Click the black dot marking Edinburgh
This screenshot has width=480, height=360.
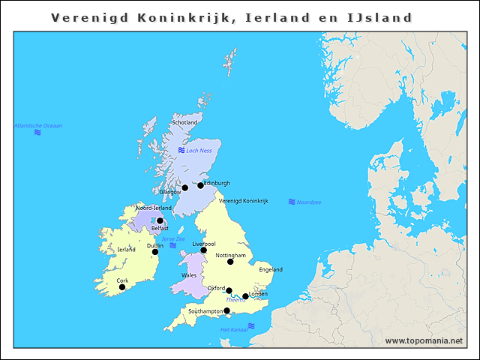[200, 185]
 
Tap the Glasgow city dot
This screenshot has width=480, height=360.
[184, 187]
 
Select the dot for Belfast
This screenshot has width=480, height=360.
[160, 220]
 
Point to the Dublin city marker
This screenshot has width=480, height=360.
[155, 252]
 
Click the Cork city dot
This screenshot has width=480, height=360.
[122, 287]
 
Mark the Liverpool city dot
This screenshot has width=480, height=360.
[203, 250]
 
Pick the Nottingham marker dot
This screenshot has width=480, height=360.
[230, 262]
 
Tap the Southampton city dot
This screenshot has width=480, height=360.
[226, 310]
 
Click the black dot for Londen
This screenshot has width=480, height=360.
[245, 296]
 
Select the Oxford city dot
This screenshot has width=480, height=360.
[229, 291]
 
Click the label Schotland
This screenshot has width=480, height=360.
[184, 122]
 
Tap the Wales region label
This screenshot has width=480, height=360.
[189, 275]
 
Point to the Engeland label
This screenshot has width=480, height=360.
[270, 269]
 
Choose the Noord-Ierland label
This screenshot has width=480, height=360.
[154, 208]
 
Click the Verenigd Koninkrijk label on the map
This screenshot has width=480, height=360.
[244, 200]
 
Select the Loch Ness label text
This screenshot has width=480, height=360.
[199, 151]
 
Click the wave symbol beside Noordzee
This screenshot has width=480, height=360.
[292, 202]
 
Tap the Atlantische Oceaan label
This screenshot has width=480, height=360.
[38, 125]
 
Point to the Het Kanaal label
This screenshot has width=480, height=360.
[233, 330]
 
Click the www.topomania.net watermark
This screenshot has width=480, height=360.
[424, 341]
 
